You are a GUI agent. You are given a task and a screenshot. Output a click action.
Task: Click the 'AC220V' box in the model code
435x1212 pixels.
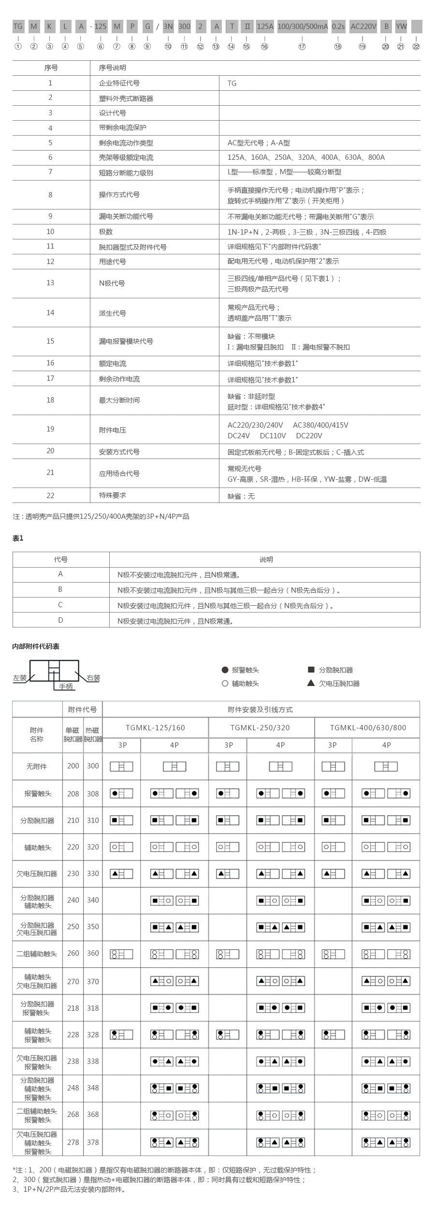pos(363,27)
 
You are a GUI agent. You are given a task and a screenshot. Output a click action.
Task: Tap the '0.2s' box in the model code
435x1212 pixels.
pos(338,27)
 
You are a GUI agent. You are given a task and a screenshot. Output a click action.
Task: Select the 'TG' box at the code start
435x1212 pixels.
pos(18,27)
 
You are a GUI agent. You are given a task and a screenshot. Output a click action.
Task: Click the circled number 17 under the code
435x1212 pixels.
pos(302,47)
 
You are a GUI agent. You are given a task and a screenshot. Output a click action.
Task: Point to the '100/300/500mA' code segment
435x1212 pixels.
pos(303,27)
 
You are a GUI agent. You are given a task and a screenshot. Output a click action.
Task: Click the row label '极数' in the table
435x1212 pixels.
pos(106,232)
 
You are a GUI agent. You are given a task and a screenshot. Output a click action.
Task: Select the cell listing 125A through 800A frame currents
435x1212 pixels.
pos(306,157)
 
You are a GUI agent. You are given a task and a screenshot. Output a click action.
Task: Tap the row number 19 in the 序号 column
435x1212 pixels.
pos(50,429)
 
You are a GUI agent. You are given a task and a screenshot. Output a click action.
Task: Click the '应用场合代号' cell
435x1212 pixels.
pos(119,474)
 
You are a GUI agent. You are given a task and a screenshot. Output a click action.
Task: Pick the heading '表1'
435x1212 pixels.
pos(18,538)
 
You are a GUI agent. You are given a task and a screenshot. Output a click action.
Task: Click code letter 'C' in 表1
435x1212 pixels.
pos(60,605)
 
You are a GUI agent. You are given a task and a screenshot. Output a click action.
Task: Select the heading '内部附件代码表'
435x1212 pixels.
pos(36,646)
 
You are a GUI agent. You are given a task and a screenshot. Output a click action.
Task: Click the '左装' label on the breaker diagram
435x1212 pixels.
pos(20,678)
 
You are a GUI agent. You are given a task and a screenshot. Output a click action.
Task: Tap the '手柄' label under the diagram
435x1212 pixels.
pos(66,686)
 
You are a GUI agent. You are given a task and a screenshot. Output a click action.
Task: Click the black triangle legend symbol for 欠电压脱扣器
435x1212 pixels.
pos(311,683)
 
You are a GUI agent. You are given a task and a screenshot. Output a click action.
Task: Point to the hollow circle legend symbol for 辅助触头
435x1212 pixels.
pos(225,683)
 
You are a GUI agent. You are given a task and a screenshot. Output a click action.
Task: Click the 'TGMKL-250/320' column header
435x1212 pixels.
pos(261,728)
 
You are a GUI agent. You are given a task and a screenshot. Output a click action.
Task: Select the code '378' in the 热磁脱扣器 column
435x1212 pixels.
pos(93,1142)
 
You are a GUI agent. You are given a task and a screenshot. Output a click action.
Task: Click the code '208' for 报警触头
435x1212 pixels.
pos(73,794)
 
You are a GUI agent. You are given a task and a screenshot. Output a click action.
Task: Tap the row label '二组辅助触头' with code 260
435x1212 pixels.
pos(37,954)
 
